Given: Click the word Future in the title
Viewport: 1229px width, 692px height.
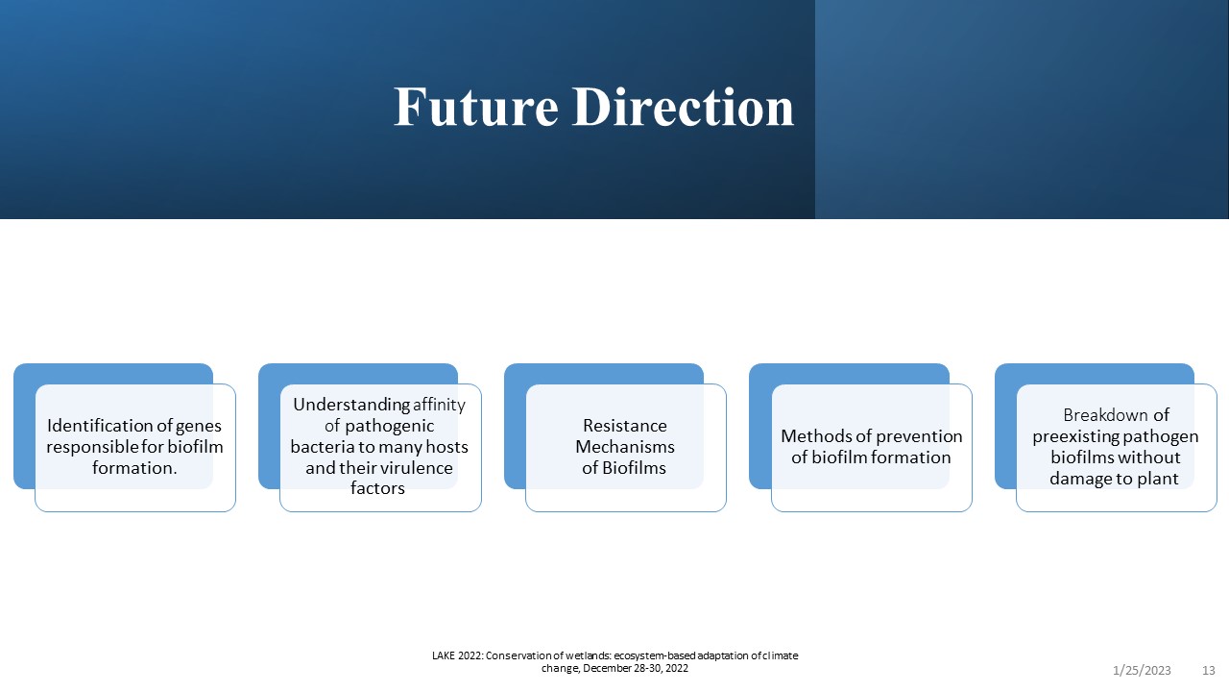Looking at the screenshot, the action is click(476, 107).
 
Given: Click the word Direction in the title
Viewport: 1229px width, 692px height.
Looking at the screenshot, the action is click(683, 107).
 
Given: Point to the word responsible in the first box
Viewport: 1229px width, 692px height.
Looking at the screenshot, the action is click(92, 448).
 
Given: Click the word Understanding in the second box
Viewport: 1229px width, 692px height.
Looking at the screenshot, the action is click(351, 406).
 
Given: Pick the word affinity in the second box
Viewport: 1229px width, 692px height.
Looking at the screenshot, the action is click(439, 406).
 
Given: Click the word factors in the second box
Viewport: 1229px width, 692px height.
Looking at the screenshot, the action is click(377, 488).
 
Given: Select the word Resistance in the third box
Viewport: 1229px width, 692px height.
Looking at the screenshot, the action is click(625, 426).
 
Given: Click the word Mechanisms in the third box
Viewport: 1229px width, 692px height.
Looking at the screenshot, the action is click(625, 447).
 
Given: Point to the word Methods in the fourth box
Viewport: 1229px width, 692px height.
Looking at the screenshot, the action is click(813, 436).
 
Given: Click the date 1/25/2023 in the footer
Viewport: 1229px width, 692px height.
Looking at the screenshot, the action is click(1142, 671).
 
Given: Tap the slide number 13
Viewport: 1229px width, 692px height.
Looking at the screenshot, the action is click(1209, 671).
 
